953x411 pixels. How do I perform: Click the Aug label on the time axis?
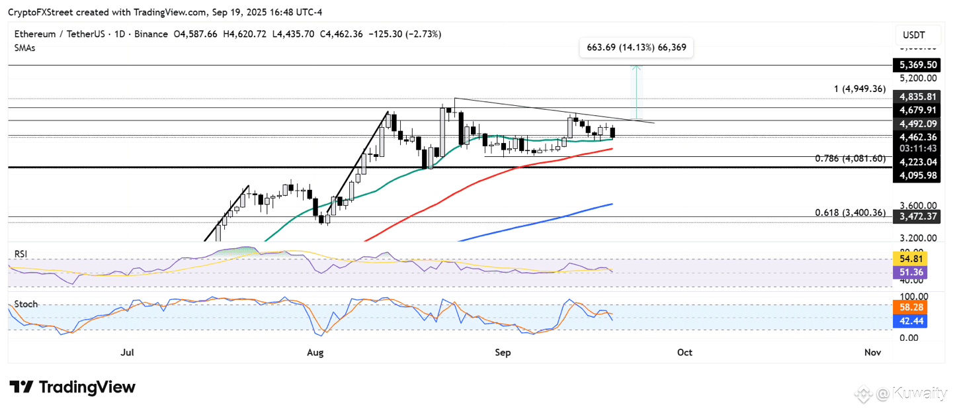[x=315, y=353]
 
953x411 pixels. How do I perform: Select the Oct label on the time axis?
[x=684, y=353]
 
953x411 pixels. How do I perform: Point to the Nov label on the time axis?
[x=872, y=353]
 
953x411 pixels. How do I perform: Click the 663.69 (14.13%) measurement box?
[x=636, y=48]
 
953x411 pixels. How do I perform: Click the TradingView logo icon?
[x=21, y=387]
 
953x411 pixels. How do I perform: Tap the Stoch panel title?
[x=26, y=304]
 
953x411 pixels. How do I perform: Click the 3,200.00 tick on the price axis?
[x=917, y=238]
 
